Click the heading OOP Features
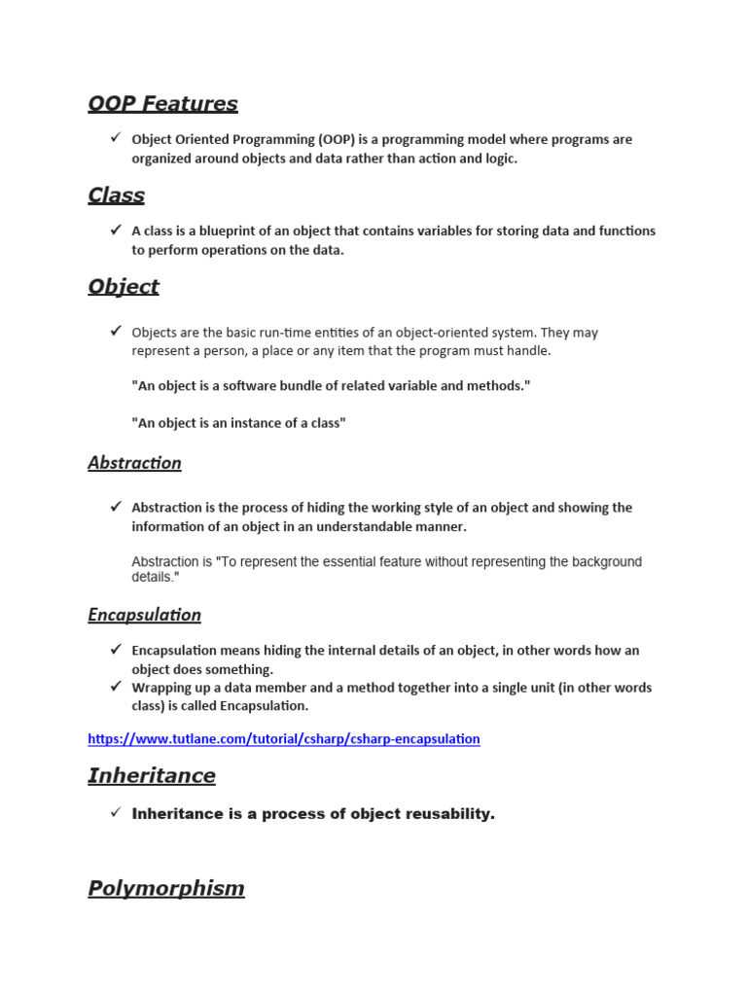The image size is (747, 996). point(162,104)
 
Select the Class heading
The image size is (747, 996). point(116,196)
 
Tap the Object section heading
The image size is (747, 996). point(124,287)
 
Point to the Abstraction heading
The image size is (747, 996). point(134,463)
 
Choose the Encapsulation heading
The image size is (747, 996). point(144,615)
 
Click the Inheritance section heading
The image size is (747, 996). point(152,776)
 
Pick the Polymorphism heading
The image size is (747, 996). point(166,889)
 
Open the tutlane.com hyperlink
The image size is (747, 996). point(283,739)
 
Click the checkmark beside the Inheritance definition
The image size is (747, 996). point(115,812)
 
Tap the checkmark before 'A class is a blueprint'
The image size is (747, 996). point(115,231)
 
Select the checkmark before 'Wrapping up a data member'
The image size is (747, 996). point(115,687)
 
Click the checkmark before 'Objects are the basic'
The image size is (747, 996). point(115,332)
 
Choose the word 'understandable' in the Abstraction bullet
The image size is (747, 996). point(347,527)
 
